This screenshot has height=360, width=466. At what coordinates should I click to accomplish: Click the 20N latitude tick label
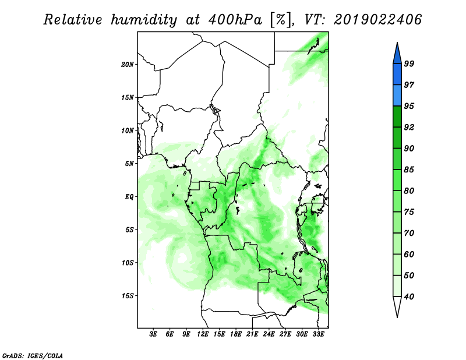click(x=128, y=65)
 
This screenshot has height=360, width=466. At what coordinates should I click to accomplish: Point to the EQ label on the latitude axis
click(x=129, y=197)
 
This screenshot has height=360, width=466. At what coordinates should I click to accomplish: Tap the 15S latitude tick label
click(x=128, y=296)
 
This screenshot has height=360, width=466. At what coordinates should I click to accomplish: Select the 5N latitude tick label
click(x=129, y=164)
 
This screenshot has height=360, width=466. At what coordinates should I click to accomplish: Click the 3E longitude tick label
click(x=153, y=334)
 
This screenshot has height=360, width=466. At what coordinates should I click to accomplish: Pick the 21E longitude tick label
click(x=252, y=334)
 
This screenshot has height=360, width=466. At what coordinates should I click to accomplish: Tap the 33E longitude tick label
click(x=318, y=334)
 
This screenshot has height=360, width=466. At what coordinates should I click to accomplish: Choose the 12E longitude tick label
click(x=203, y=334)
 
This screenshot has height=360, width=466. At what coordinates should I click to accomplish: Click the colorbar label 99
click(x=409, y=63)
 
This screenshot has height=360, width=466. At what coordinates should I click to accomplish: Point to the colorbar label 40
click(x=409, y=297)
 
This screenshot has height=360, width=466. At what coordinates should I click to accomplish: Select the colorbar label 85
click(x=409, y=170)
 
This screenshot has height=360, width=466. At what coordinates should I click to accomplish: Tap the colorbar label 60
click(x=409, y=254)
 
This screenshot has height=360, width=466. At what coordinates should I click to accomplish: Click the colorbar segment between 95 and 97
click(x=397, y=96)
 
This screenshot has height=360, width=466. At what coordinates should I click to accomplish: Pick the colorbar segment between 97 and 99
click(x=397, y=75)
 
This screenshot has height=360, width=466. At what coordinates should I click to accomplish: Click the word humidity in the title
click(x=143, y=20)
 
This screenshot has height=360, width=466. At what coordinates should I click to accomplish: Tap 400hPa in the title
click(x=235, y=20)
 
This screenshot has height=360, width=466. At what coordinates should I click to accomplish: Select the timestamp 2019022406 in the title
click(x=377, y=20)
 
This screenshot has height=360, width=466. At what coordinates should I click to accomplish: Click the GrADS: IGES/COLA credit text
click(x=33, y=355)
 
